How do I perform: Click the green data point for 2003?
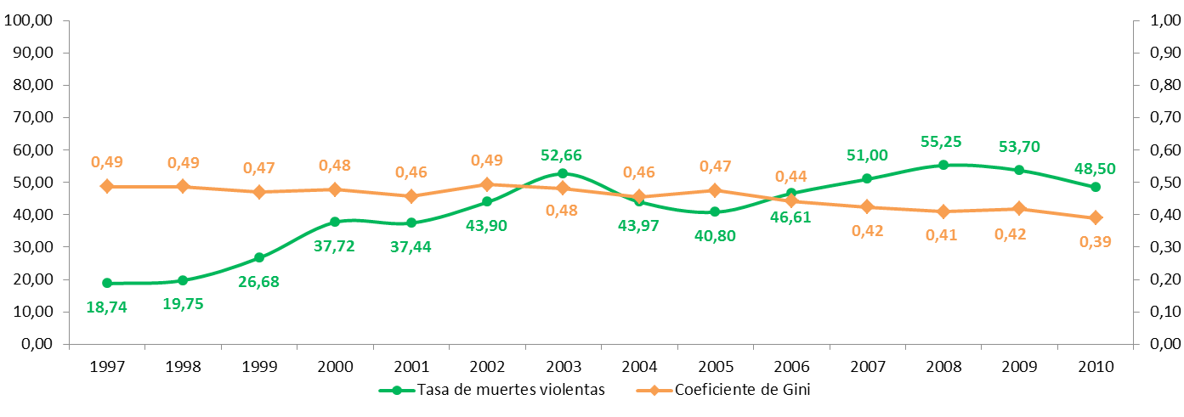pyautogui.click(x=563, y=173)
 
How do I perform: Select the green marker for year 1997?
pyautogui.click(x=107, y=283)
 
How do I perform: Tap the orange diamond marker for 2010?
pyautogui.click(x=1096, y=217)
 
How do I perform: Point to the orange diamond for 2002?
pyautogui.click(x=487, y=184)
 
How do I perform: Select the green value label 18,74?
pyautogui.click(x=107, y=307)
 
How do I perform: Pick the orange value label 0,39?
pyautogui.click(x=1095, y=242)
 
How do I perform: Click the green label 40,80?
pyautogui.click(x=715, y=235)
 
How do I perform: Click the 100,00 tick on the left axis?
pyautogui.click(x=31, y=20)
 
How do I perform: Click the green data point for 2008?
pyautogui.click(x=943, y=165)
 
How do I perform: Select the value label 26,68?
pyautogui.click(x=259, y=281)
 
